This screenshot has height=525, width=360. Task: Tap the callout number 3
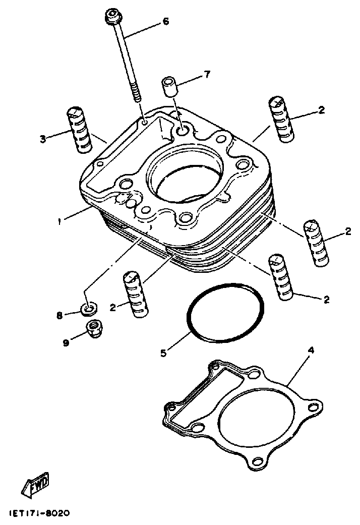pyautogui.click(x=43, y=138)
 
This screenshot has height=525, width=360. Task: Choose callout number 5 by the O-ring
pyautogui.click(x=163, y=353)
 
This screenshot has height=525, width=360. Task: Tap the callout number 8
pyautogui.click(x=59, y=316)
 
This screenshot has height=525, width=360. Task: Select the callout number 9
pyautogui.click(x=66, y=342)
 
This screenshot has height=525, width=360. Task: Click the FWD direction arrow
pyautogui.click(x=37, y=486)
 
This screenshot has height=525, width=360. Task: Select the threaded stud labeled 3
pyautogui.click(x=79, y=130)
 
